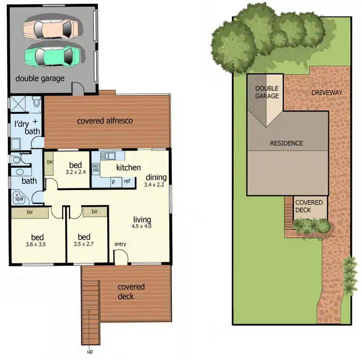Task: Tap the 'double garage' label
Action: pyautogui.click(x=40, y=78)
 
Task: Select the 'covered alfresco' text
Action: pyautogui.click(x=105, y=121)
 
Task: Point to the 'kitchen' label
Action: pyautogui.click(x=128, y=167)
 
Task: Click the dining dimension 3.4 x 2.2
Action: pyautogui.click(x=154, y=184)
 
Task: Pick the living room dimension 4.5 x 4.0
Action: pyautogui.click(x=141, y=225)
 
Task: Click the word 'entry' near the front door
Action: pyautogui.click(x=120, y=244)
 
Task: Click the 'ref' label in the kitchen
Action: pyautogui.click(x=127, y=181)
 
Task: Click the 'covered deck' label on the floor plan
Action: pyautogui.click(x=131, y=291)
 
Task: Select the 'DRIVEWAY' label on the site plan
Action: pyautogui.click(x=327, y=92)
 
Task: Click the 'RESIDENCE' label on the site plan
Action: pyautogui.click(x=286, y=143)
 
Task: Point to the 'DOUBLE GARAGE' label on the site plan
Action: pyautogui.click(x=267, y=92)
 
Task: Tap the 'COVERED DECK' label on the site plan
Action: pyautogui.click(x=309, y=207)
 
